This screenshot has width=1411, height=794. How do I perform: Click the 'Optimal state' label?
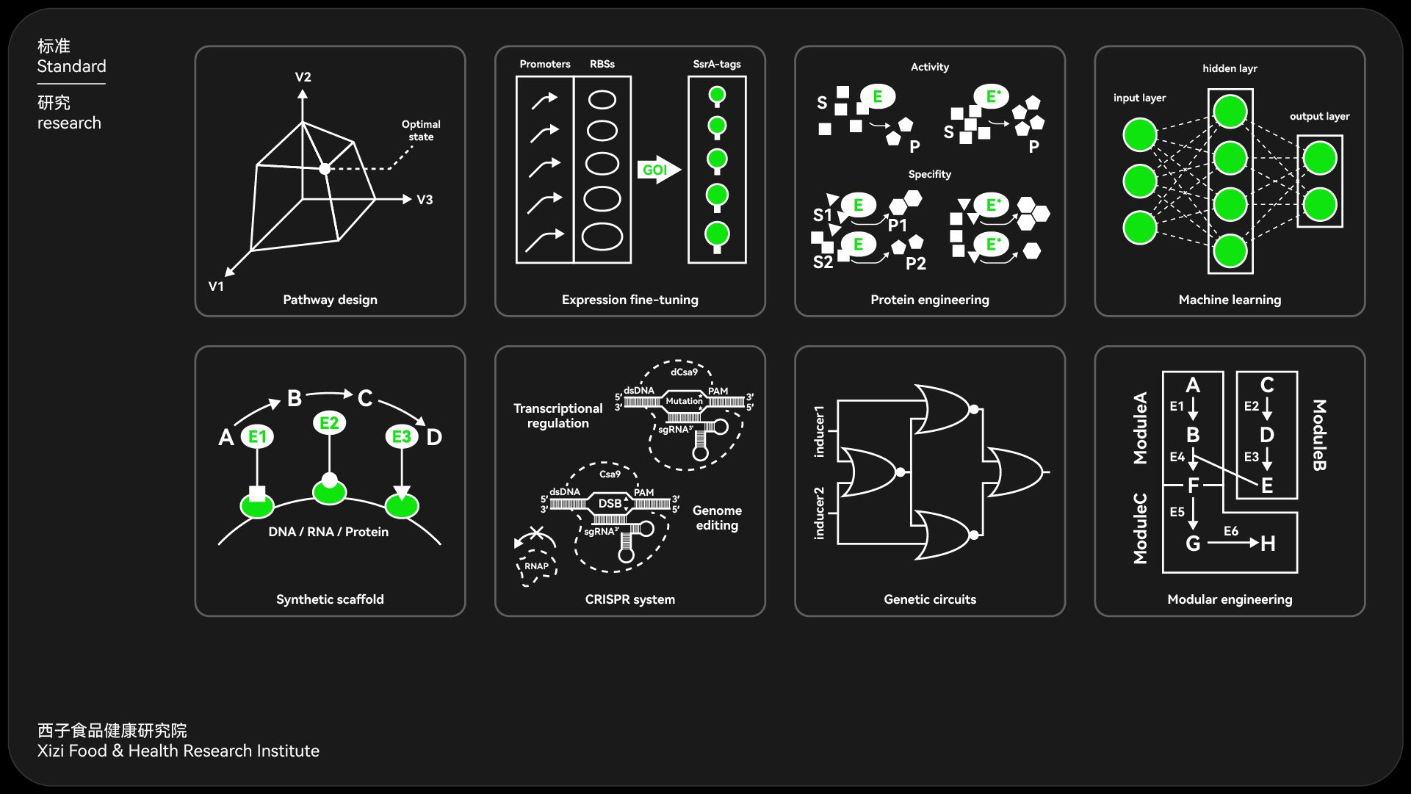421,130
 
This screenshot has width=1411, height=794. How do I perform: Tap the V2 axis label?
303,77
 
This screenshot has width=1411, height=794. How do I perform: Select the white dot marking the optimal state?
325,169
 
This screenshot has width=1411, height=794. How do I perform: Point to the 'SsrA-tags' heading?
717,64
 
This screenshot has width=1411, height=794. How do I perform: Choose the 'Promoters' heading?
545,64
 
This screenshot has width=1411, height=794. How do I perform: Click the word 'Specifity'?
929,174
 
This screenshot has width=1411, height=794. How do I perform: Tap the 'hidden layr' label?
1230,68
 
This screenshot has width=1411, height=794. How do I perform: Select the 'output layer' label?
1319,116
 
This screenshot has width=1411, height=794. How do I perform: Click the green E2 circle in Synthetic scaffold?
329,423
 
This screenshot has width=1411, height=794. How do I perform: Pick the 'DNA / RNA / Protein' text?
328,532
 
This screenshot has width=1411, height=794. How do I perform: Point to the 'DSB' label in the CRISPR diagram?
610,503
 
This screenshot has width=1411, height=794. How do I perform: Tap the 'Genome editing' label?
717,518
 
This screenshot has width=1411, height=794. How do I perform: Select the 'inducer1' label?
819,431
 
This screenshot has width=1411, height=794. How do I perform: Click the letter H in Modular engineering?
1268,544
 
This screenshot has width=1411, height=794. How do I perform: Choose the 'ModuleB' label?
1319,435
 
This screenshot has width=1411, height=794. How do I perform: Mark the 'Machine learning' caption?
1230,300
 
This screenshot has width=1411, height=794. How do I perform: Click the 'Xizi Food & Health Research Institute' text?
178,751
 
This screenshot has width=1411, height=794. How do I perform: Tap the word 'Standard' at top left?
72,66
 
